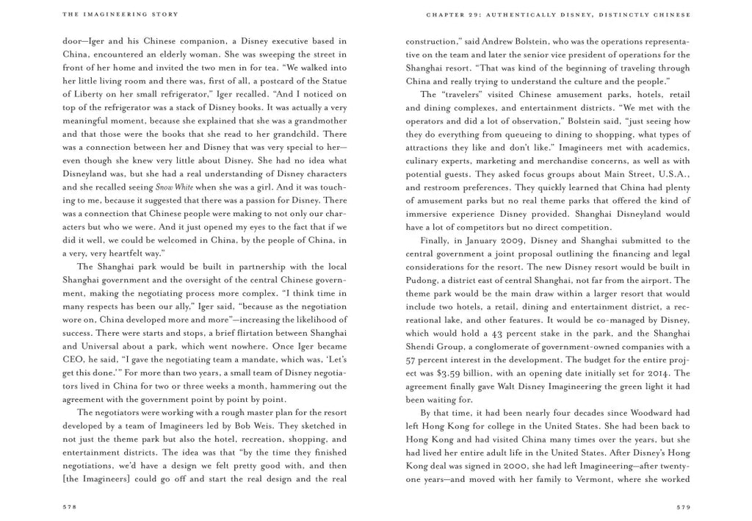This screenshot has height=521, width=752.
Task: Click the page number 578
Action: click(70, 506)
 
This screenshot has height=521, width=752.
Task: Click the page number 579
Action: click(683, 506)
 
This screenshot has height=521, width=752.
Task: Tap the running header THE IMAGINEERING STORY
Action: click(110, 14)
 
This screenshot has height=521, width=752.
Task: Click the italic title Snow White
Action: click(174, 187)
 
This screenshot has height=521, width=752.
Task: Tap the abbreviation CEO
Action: click(74, 360)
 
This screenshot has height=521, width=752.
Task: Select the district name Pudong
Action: click(422, 281)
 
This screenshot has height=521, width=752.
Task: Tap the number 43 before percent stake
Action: click(500, 334)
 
